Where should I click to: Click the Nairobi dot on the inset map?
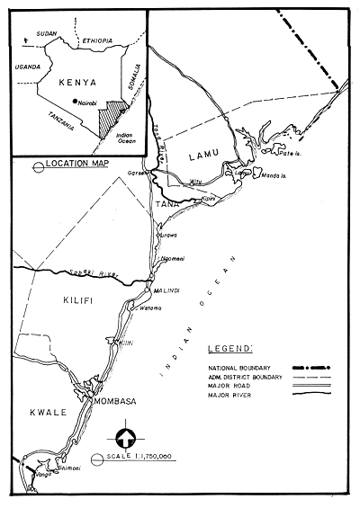(x=76, y=102)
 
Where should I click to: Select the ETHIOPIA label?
(x=98, y=40)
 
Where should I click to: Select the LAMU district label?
(x=202, y=156)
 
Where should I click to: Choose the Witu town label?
(x=197, y=181)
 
